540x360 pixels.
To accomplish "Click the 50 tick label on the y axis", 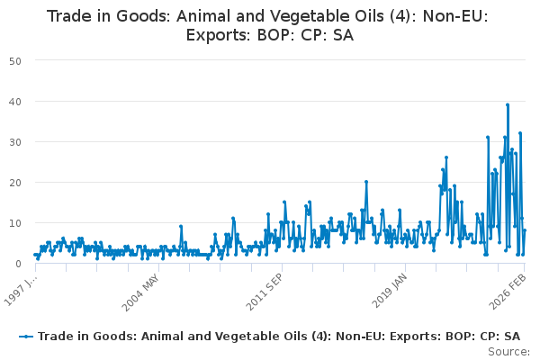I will coord(15,60).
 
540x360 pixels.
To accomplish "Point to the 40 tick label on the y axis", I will coord(15,101).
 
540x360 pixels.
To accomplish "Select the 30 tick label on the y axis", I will coord(15,141).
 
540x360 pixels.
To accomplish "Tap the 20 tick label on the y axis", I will coord(15,182).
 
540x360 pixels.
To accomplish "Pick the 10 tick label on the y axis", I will coord(15,222).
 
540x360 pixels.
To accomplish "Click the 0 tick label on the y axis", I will coord(19,263).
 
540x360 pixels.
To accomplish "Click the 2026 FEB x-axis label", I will coord(510,290).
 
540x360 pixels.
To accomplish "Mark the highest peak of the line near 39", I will coord(508,104).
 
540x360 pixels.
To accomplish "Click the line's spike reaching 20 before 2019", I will coord(366,182).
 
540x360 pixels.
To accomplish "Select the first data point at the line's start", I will coord(35,255).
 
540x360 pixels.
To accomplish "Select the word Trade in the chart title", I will coord(69,17).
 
